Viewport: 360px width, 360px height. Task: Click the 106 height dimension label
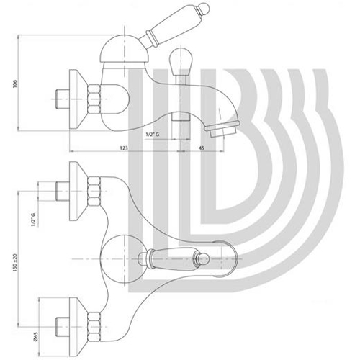tap(15, 83)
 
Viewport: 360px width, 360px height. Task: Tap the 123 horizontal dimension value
tap(124, 148)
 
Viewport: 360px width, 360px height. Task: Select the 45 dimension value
tap(202, 148)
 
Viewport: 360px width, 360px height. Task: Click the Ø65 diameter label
tap(35, 337)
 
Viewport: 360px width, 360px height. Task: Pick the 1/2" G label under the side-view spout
tap(152, 135)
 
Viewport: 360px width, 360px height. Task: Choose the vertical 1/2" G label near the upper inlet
tap(33, 220)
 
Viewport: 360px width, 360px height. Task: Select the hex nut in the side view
tap(94, 99)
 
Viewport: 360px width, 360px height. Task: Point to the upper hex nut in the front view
tap(94, 192)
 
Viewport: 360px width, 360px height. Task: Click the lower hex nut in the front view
tap(94, 327)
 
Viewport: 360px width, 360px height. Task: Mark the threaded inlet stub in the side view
tap(63, 99)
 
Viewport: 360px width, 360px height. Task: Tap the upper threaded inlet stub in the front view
tap(63, 192)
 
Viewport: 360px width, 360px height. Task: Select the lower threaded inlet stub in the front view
tap(63, 327)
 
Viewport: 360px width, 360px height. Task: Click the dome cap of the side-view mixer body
tap(125, 49)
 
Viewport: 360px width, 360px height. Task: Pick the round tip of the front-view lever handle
tap(203, 259)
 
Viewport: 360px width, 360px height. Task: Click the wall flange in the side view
tap(78, 99)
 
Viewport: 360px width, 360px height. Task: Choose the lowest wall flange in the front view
tap(78, 327)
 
